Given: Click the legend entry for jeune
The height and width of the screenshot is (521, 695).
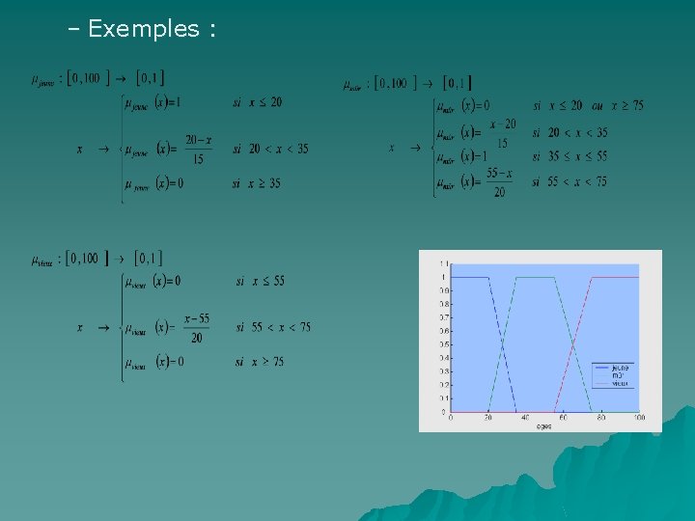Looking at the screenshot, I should coord(619,368).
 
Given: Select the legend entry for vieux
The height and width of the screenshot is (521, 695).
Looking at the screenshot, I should coord(619,383).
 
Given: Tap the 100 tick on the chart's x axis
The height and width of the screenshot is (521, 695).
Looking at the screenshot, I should coord(639,418).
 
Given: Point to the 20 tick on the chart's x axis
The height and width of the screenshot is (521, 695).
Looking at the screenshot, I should coord(488,418).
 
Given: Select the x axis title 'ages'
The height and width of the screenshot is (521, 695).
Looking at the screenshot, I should coord(544,425).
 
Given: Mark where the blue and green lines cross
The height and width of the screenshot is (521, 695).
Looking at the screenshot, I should coord(502,344).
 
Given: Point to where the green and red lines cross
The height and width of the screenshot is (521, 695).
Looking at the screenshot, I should coord(572,344).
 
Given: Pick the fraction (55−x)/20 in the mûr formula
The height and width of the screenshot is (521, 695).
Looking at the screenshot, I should coord(498,182).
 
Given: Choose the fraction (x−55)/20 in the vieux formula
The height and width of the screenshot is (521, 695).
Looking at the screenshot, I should coord(196,328).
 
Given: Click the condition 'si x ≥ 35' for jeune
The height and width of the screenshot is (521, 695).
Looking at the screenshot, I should coord(257,183).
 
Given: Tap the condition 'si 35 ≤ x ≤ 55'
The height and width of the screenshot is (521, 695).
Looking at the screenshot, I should coord(570,155).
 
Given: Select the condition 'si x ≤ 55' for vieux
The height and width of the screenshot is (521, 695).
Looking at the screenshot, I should coord(261,281).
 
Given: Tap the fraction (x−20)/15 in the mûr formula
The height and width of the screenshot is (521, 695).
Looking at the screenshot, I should coord(502,132).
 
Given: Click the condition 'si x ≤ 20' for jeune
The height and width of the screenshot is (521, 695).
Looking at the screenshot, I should coord(257,102).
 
